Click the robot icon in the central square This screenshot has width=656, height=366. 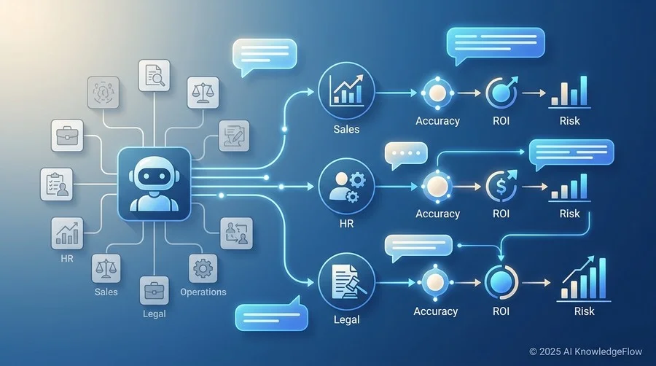click(x=154, y=184)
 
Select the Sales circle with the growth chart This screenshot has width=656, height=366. click(x=346, y=90)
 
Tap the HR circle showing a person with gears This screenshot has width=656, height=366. click(x=346, y=186)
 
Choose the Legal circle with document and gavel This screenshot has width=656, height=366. click(x=346, y=281)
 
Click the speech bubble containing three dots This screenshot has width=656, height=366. click(x=406, y=154)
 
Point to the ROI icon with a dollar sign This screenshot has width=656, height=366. click(x=501, y=186)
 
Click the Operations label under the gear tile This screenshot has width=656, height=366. click(x=203, y=292)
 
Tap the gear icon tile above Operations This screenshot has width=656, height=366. click(x=203, y=268)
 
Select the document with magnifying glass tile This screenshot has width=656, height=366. click(x=155, y=75)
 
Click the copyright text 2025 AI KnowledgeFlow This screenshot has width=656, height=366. click(x=586, y=351)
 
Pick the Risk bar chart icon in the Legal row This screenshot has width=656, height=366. click(x=584, y=279)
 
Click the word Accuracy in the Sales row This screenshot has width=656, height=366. click(x=437, y=121)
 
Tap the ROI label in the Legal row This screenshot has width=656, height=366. click(x=501, y=311)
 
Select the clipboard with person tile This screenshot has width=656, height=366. click(x=56, y=184)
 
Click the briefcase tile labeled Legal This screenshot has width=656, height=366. click(x=155, y=290)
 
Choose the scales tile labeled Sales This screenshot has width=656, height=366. click(x=106, y=268)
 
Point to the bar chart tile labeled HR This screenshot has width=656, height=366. click(x=67, y=233)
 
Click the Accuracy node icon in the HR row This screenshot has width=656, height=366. click(x=437, y=186)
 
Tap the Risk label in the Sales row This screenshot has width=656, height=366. click(x=570, y=121)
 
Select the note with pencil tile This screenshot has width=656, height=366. click(x=234, y=136)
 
